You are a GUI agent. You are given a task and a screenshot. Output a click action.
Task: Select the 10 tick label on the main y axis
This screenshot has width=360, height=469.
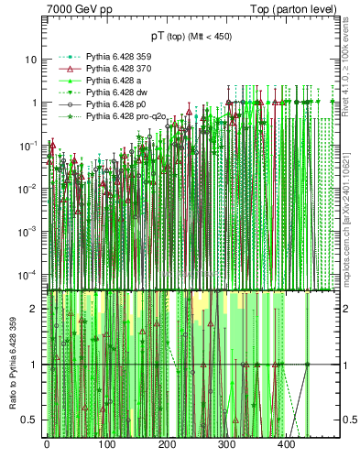point(32,60)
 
